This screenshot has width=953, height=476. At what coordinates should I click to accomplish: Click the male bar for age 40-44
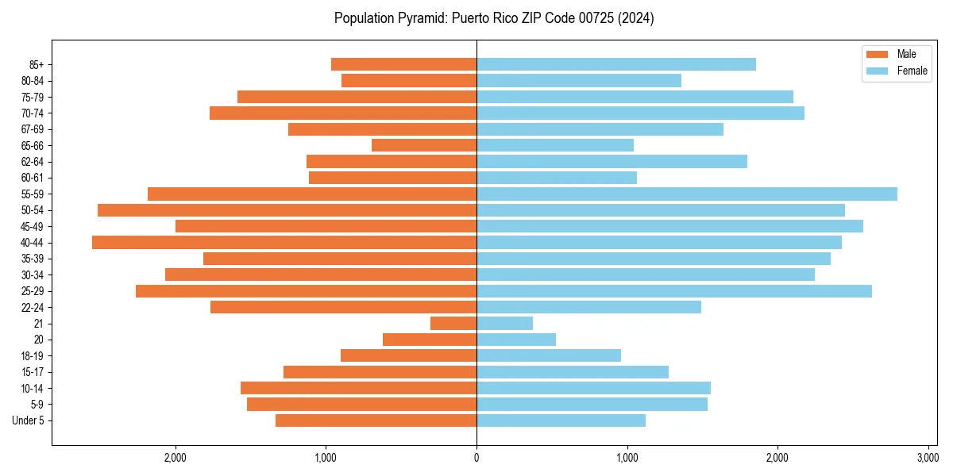(284, 242)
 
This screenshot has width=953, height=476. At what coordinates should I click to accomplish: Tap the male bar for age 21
(453, 323)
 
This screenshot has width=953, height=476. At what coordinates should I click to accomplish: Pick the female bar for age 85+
(616, 64)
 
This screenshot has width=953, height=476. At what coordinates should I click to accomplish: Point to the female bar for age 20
(516, 340)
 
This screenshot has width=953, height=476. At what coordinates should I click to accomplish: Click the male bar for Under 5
(376, 420)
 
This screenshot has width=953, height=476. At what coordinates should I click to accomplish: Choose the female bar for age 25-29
(674, 291)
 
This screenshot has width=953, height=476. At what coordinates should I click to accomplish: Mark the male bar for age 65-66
(424, 145)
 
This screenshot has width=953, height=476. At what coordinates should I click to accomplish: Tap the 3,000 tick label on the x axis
(928, 457)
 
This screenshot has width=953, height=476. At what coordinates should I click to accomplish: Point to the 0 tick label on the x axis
(476, 457)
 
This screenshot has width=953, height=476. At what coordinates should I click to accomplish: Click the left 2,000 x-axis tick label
(176, 457)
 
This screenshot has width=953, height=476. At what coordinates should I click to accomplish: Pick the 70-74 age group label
(33, 113)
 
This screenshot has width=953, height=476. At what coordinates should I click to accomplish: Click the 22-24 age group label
(33, 307)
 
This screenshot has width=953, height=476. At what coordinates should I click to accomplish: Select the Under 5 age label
(29, 420)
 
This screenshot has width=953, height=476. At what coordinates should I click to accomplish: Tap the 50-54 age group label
(33, 210)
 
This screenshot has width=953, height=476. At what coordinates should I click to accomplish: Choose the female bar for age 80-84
(579, 80)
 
